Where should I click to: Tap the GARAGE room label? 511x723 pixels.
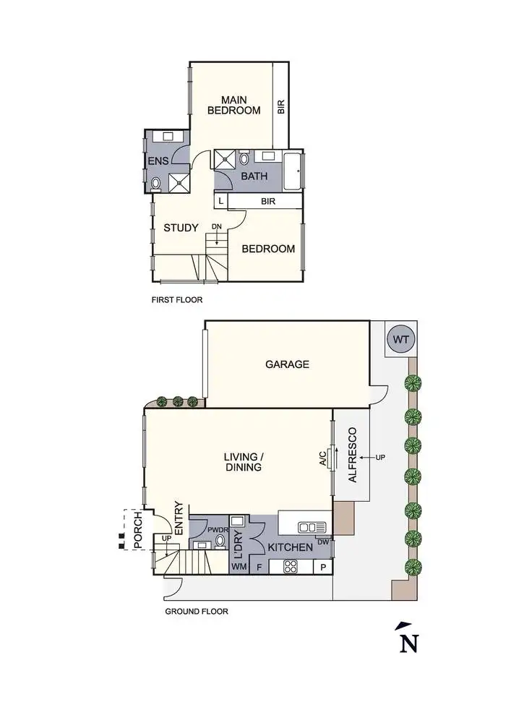(287, 364)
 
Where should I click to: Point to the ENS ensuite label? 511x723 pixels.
(158, 161)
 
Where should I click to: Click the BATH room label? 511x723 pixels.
(254, 176)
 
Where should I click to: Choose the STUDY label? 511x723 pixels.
(181, 228)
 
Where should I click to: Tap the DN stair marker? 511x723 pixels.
(217, 227)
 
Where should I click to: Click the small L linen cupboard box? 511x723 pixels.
(220, 200)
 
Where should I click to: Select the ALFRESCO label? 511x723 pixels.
(353, 455)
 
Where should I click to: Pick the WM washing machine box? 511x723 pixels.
(239, 566)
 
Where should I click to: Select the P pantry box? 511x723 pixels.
(323, 566)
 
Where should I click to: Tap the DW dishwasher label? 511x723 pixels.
(324, 542)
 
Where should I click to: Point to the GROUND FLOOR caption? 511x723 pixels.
(197, 612)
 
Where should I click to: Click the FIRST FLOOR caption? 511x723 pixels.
(177, 299)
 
